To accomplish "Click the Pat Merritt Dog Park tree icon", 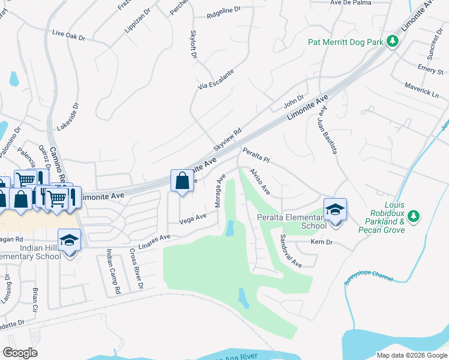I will pyautogui.click(x=393, y=41).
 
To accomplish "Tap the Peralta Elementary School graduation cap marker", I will pyautogui.click(x=335, y=209).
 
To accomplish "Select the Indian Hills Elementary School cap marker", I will pyautogui.click(x=70, y=240).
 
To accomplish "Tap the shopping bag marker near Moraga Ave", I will pyautogui.click(x=182, y=181).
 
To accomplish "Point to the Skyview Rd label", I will pyautogui.click(x=228, y=139).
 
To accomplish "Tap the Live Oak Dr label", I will pyautogui.click(x=69, y=35).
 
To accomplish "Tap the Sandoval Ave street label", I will pyautogui.click(x=291, y=250).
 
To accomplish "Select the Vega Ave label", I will pyautogui.click(x=193, y=219).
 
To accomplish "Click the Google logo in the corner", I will pyautogui.click(x=20, y=353).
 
